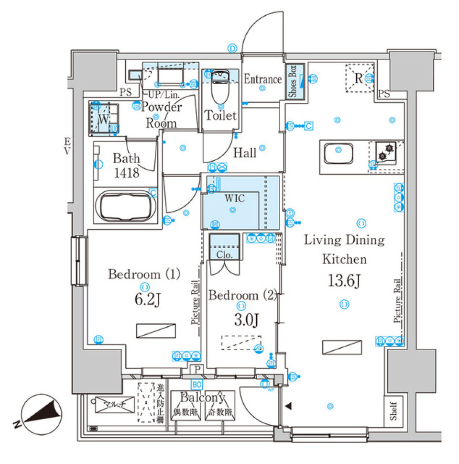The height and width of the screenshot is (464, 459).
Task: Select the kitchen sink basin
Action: tap(339, 155)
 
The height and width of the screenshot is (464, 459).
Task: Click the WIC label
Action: tap(233, 198)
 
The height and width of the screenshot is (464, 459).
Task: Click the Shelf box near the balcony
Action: tap(393, 411)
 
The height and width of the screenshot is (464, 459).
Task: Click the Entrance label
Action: tap(262, 79)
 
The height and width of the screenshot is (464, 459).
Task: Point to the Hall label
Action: tap(244, 153)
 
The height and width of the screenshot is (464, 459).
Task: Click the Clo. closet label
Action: tap(224, 254)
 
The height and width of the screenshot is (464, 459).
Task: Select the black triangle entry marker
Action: tap(288, 406)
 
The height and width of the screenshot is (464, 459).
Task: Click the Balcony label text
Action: tap(203, 397)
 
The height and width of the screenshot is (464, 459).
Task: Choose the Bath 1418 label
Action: tap(127, 166)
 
